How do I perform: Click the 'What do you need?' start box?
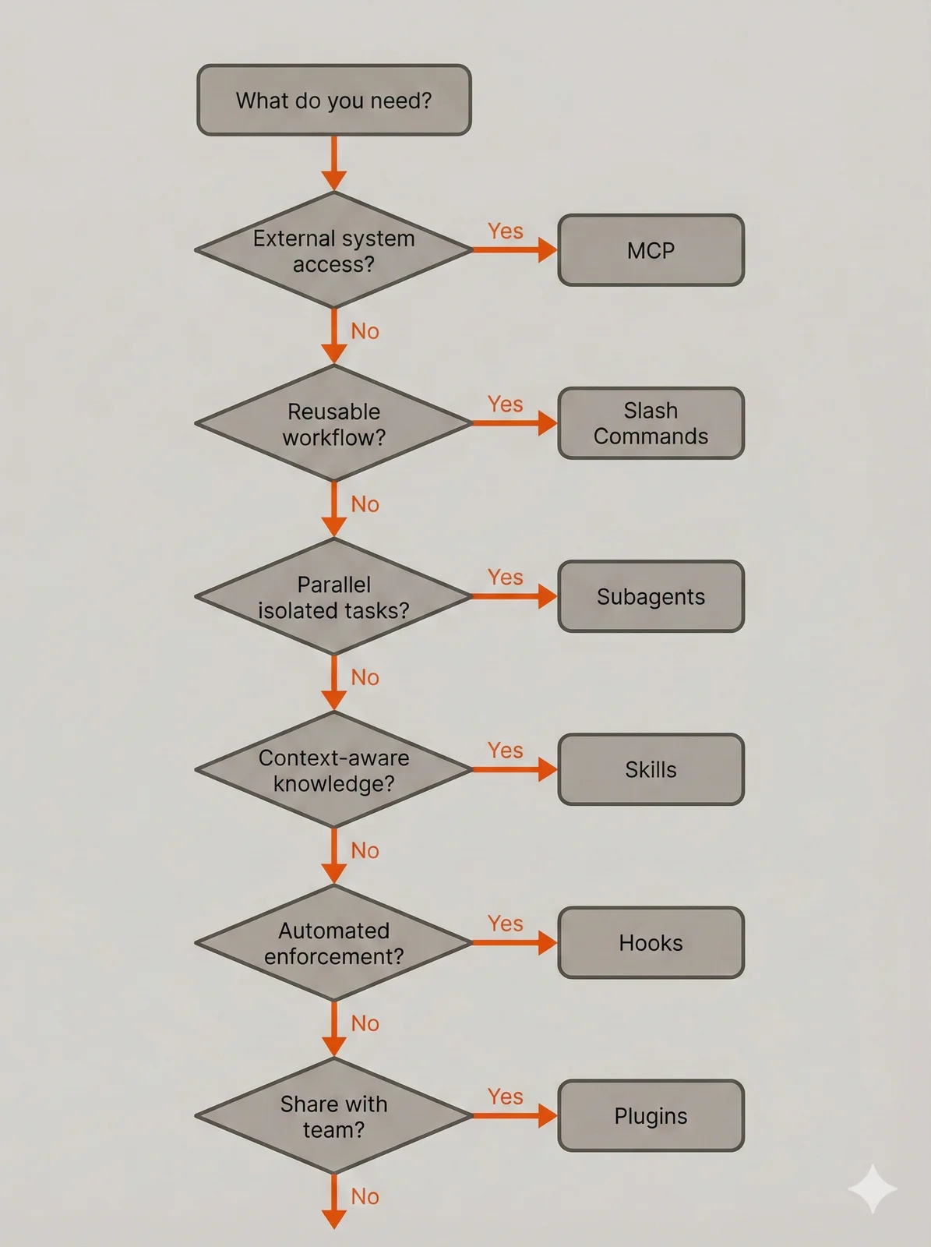pyautogui.click(x=333, y=101)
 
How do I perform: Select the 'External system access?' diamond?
pyautogui.click(x=333, y=250)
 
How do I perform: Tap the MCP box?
pyautogui.click(x=651, y=250)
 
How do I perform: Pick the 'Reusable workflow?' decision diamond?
pyautogui.click(x=333, y=423)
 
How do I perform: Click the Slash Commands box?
pyautogui.click(x=651, y=423)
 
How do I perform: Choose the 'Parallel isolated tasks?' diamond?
pyautogui.click(x=333, y=596)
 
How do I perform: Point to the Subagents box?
pyautogui.click(x=651, y=596)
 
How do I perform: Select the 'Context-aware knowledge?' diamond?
pyautogui.click(x=333, y=769)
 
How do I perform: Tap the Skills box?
pyautogui.click(x=651, y=769)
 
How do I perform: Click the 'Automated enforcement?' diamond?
pyautogui.click(x=333, y=942)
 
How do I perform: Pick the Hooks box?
pyautogui.click(x=651, y=942)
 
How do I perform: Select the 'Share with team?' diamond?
pyautogui.click(x=333, y=1115)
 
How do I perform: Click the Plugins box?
pyautogui.click(x=651, y=1115)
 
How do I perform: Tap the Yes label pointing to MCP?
pyautogui.click(x=505, y=231)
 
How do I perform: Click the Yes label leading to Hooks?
pyautogui.click(x=505, y=924)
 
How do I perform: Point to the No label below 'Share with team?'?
pyautogui.click(x=365, y=1196)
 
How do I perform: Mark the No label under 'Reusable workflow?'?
pyautogui.click(x=365, y=504)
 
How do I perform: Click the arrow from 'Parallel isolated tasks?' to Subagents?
pyautogui.click(x=514, y=596)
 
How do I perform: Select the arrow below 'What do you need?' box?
pyautogui.click(x=333, y=163)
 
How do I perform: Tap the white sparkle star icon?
pyautogui.click(x=873, y=1189)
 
